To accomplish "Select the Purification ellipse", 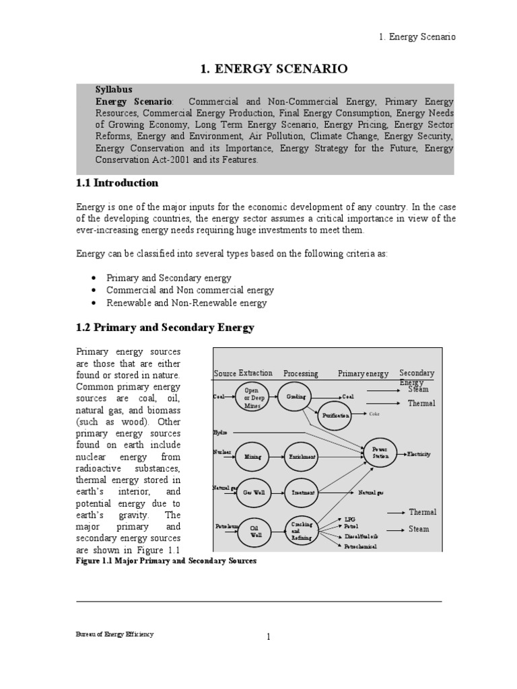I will click(x=335, y=416).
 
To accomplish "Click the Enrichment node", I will click(x=302, y=456).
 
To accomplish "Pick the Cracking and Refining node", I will click(x=302, y=530).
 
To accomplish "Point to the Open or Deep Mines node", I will click(x=252, y=397).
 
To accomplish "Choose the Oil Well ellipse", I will click(x=256, y=532).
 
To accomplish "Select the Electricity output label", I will click(x=418, y=454).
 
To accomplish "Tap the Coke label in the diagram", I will click(x=374, y=414).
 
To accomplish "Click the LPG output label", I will click(x=349, y=519).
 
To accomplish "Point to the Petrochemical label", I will click(x=360, y=546).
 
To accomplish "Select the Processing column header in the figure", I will click(x=300, y=373).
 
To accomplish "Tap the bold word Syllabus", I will click(x=114, y=89).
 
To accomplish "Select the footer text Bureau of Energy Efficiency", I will click(x=114, y=634).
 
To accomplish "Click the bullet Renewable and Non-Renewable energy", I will click(x=186, y=303).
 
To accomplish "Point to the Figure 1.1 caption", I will click(x=166, y=560).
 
